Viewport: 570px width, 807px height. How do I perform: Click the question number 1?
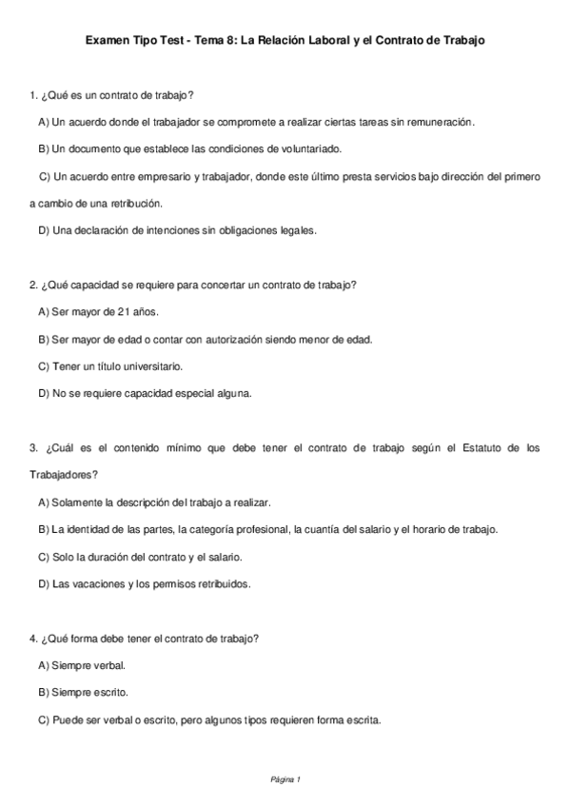pyautogui.click(x=33, y=96)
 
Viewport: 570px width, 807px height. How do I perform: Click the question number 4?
pyautogui.click(x=33, y=638)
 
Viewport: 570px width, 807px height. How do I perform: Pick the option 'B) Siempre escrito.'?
pyautogui.click(x=83, y=692)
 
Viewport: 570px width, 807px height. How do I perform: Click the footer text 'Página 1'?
pyautogui.click(x=285, y=779)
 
